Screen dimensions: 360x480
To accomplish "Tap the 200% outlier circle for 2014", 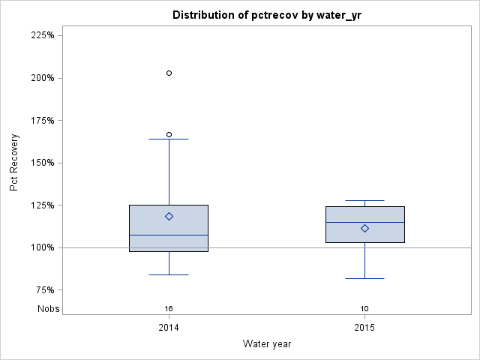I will pyautogui.click(x=169, y=73).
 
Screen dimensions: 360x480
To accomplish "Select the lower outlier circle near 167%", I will pyautogui.click(x=169, y=134).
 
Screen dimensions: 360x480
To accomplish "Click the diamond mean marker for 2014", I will pyautogui.click(x=169, y=216).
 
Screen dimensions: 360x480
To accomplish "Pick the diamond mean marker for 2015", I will pyautogui.click(x=364, y=228).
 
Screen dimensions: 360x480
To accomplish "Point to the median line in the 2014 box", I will pyautogui.click(x=169, y=235).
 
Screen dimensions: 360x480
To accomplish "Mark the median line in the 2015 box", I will pyautogui.click(x=364, y=222).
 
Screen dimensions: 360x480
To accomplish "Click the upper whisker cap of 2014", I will pyautogui.click(x=169, y=139).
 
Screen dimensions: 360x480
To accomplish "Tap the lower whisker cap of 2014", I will pyautogui.click(x=169, y=274).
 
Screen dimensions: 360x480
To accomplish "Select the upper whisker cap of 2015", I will pyautogui.click(x=364, y=200).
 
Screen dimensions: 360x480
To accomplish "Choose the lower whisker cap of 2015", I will pyautogui.click(x=364, y=278).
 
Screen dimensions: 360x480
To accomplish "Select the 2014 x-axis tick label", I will pyautogui.click(x=169, y=328).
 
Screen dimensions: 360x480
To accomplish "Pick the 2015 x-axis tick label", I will pyautogui.click(x=364, y=328).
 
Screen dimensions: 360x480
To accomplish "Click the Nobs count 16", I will pyautogui.click(x=169, y=308).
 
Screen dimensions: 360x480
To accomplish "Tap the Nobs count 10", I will pyautogui.click(x=364, y=308).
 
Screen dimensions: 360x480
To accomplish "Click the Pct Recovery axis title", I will pyautogui.click(x=14, y=163).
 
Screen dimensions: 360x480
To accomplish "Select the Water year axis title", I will pyautogui.click(x=267, y=344).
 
